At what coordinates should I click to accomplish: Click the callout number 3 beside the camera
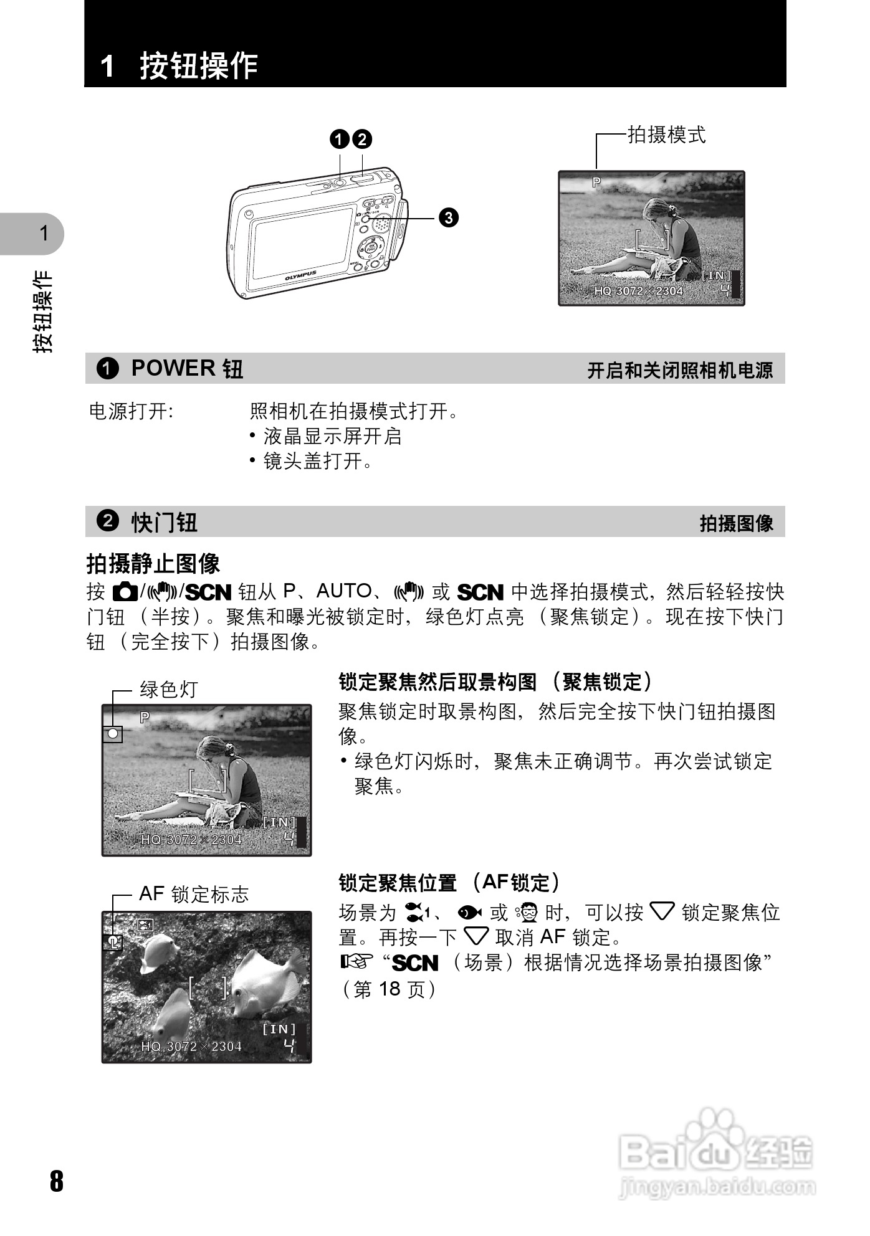448,217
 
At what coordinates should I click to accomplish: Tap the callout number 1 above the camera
340,139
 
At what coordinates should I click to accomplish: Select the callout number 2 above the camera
362,139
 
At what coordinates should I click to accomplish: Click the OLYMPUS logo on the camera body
300,275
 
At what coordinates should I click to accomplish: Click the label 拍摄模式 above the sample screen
666,135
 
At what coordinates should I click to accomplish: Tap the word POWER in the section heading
173,368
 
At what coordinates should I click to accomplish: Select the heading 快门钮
165,522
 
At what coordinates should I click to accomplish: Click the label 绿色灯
169,690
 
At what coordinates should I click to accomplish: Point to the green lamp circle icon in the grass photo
113,733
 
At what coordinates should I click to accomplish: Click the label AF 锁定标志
194,894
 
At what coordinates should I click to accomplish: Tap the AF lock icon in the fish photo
113,942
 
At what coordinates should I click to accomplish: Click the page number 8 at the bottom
57,1181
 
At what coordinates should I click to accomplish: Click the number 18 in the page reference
389,989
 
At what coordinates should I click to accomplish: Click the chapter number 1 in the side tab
44,234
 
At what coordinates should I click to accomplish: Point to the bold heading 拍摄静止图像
153,564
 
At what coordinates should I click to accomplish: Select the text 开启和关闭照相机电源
680,371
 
